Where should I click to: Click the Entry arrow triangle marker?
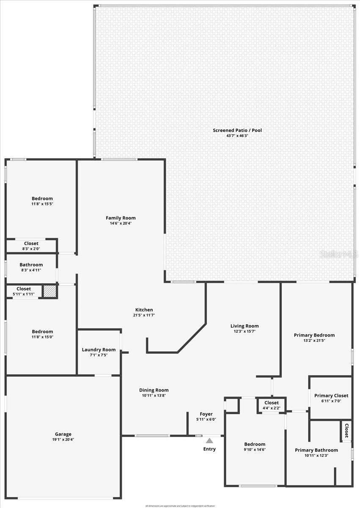click(x=209, y=441)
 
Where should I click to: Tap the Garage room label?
click(x=63, y=434)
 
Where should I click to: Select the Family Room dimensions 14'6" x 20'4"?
click(x=121, y=224)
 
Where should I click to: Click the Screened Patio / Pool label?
click(x=237, y=130)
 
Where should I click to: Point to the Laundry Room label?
click(x=99, y=350)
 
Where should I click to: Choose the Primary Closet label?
click(x=331, y=396)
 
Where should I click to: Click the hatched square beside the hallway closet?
click(x=50, y=291)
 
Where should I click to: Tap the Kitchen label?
click(x=144, y=310)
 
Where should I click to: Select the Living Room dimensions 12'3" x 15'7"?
click(x=245, y=331)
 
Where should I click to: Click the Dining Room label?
click(x=154, y=390)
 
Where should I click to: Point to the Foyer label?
click(x=206, y=414)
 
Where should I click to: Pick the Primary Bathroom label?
click(x=316, y=450)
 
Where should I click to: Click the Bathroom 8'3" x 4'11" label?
click(x=31, y=265)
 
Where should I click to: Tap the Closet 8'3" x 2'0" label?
click(x=31, y=243)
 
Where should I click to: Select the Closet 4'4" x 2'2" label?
click(x=272, y=403)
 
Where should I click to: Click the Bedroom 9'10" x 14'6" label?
click(x=255, y=444)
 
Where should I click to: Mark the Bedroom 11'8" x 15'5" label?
click(x=42, y=199)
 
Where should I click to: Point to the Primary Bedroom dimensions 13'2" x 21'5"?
click(x=314, y=340)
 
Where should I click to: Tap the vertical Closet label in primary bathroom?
click(x=346, y=431)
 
